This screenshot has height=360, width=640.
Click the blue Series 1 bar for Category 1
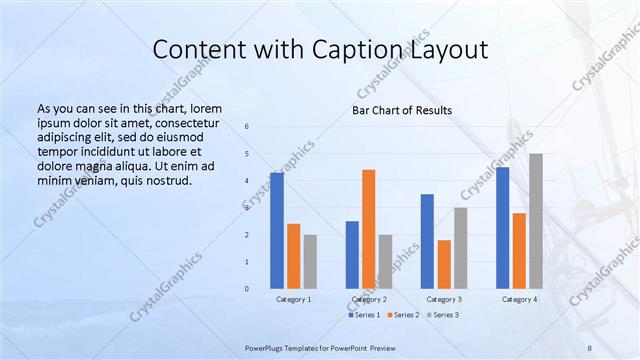277,230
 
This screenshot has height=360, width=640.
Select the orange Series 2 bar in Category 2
369,229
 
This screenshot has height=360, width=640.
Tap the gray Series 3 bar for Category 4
536,221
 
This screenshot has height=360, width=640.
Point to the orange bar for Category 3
444,264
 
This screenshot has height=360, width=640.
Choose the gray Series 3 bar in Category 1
310,261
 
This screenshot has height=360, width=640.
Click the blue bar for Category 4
502,227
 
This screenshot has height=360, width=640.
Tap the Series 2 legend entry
404,315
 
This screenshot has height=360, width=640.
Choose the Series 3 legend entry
443,315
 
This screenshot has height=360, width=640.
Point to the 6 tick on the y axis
261,126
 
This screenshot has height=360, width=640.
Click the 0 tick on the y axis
261,289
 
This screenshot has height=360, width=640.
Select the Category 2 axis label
369,299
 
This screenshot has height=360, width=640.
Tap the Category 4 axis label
519,299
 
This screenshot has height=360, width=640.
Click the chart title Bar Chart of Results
402,110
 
